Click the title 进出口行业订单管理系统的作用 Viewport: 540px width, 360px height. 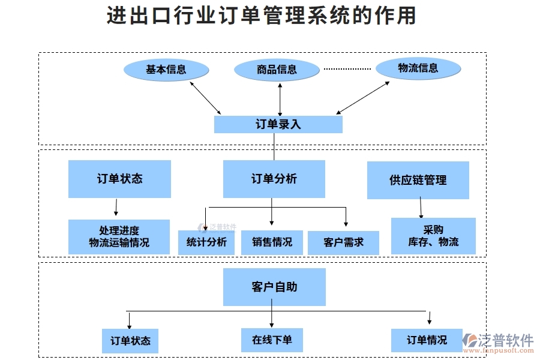261,16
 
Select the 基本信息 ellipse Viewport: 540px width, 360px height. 166,70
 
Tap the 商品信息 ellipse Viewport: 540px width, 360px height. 277,70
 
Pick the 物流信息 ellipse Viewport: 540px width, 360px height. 418,68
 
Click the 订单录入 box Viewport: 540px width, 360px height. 278,124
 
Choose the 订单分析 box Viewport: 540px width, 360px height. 274,179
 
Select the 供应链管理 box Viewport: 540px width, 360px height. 418,180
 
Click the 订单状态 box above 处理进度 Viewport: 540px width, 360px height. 119,179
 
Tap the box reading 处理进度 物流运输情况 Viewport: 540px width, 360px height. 119,236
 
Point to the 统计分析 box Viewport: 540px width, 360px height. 206,242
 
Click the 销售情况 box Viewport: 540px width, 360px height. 272,242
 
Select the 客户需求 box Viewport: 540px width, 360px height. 343,242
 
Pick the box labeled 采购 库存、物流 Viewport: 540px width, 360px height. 433,236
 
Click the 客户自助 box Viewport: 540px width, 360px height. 274,287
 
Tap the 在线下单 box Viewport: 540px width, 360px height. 272,340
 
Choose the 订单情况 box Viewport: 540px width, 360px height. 427,340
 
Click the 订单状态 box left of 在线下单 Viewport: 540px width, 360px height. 130,341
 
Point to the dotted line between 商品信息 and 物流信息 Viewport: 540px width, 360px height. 347,69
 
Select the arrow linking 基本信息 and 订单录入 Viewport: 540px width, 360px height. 205,97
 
